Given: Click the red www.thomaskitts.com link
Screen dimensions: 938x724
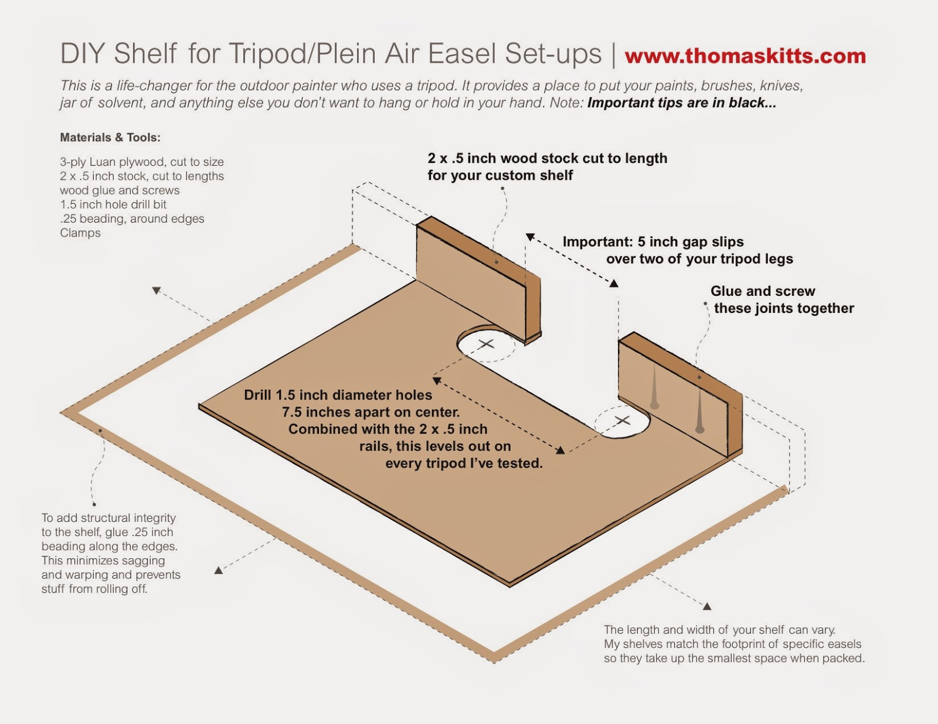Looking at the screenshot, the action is [x=746, y=56].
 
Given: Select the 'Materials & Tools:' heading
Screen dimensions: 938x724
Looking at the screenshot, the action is [x=110, y=138].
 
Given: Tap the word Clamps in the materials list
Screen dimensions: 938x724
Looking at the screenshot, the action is [x=80, y=233].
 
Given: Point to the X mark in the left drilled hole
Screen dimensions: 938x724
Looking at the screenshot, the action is [x=487, y=344].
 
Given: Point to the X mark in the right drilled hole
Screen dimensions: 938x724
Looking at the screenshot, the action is [x=622, y=419].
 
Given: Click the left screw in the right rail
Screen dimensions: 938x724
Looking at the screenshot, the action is [x=654, y=387].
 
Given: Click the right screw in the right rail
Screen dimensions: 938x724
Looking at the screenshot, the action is [x=700, y=410].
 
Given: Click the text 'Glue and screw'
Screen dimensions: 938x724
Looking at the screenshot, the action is [x=763, y=291].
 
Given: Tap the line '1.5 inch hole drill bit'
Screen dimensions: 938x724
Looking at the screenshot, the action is [x=113, y=204].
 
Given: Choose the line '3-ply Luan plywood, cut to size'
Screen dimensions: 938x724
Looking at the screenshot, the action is [x=142, y=162].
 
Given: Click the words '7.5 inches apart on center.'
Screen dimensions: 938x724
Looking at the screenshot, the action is [x=371, y=412].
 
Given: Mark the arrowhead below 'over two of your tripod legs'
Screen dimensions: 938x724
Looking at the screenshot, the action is [x=614, y=284].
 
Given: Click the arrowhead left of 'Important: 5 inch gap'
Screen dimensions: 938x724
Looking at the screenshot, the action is [x=530, y=237].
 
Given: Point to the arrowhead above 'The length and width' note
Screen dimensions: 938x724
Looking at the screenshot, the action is [x=706, y=606].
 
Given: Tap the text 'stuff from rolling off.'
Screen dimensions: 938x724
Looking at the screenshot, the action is [x=94, y=589].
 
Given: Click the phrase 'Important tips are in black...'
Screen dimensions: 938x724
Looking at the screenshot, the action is [x=682, y=103].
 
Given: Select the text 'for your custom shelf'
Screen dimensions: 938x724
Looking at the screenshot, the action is [x=500, y=176].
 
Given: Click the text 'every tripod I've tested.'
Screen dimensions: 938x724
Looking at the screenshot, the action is [x=464, y=463].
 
